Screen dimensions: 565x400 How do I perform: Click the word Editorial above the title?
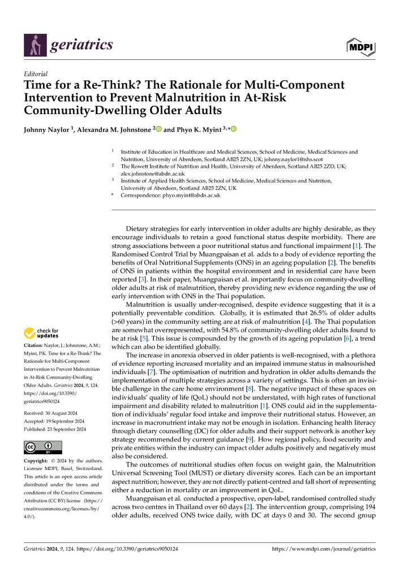click(35, 73)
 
